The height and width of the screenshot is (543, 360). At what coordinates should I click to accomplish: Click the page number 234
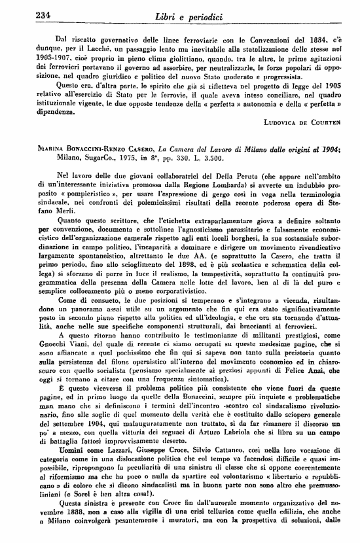pos(27,14)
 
